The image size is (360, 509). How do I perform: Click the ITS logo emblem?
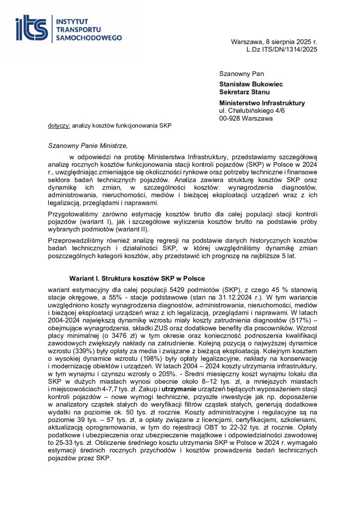(x=33, y=28)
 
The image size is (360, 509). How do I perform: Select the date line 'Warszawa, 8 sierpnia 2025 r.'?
(x=274, y=42)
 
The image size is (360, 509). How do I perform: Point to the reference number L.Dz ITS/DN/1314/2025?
(x=281, y=49)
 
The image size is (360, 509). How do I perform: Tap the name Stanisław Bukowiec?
(x=251, y=85)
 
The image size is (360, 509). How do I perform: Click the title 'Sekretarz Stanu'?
(x=245, y=91)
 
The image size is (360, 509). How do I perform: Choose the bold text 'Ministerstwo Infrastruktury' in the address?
(x=262, y=103)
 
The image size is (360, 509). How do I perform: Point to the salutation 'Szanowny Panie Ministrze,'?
(x=88, y=146)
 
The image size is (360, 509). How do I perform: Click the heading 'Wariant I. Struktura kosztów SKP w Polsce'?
(x=137, y=278)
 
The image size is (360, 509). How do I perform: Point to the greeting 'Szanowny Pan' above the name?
(x=238, y=74)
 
